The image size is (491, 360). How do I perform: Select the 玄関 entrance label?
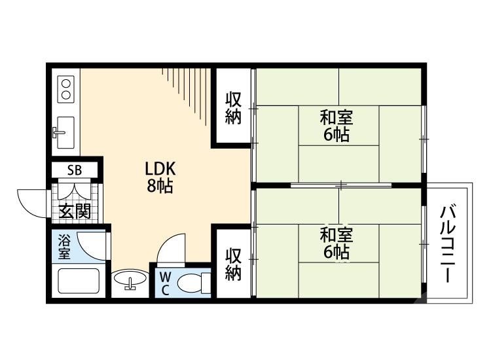74,211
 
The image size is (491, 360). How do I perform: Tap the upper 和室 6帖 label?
336,126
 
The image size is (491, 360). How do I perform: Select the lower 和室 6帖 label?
336,243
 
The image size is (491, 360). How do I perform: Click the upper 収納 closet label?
234,108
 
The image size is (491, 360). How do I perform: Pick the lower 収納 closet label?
234,263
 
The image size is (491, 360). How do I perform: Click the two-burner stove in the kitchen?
66,88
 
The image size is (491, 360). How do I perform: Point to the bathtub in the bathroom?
79,280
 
